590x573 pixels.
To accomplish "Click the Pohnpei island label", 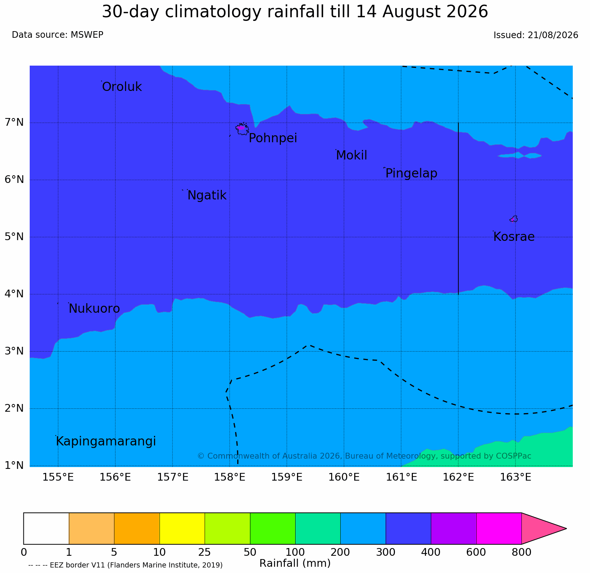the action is tap(273, 138).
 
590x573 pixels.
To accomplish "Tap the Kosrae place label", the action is tap(514, 237).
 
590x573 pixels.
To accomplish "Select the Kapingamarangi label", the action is tap(106, 441).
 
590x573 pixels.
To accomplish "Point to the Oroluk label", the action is tap(122, 87).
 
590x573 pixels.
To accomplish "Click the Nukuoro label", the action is tap(94, 309).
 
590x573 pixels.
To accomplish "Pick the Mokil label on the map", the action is tap(351, 155).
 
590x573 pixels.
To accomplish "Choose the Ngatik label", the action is tap(207, 195).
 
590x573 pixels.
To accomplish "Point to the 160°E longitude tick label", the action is tap(344, 477).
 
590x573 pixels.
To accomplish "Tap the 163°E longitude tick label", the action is tap(516, 477).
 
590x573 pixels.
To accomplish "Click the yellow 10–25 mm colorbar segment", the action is tap(182, 528).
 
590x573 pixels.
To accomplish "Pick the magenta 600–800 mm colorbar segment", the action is tap(499, 528).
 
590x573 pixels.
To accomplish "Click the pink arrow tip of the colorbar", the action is tap(566, 528).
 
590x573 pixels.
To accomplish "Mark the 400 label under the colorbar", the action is tap(431, 552).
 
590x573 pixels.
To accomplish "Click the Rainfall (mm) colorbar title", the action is tap(295, 563).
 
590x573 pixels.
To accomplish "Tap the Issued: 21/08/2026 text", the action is tap(536, 35).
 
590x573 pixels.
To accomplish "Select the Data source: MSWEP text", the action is tap(58, 35).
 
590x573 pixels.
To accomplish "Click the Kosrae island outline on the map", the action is tap(514, 219).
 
